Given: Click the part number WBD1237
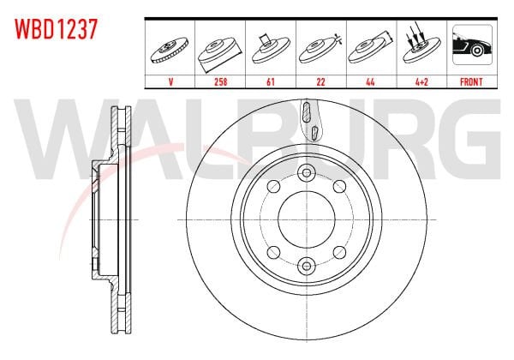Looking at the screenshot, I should click(x=53, y=28).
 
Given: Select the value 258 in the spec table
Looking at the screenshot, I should click(x=221, y=83).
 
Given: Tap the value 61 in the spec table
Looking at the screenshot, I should click(x=271, y=83).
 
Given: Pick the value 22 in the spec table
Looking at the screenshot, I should click(x=320, y=83).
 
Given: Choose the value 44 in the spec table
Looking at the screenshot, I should click(x=369, y=83).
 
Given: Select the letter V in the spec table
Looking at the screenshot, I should click(x=171, y=83).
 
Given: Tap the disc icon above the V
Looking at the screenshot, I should click(x=171, y=50).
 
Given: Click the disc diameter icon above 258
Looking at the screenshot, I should click(x=221, y=50).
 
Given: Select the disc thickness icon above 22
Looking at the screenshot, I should click(x=320, y=48).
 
